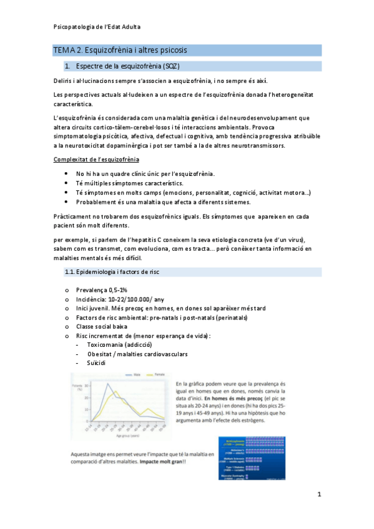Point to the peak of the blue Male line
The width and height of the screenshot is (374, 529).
click(x=107, y=384)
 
